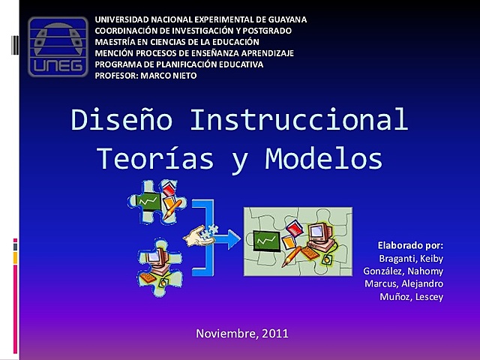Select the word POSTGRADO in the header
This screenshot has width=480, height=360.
pyautogui.click(x=265, y=30)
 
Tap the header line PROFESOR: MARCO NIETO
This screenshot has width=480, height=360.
pyautogui.click(x=145, y=75)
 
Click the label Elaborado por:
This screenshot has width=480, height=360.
pyautogui.click(x=410, y=244)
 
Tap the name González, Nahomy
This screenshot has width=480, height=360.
pyautogui.click(x=403, y=271)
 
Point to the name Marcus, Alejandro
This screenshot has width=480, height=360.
pyautogui.click(x=403, y=283)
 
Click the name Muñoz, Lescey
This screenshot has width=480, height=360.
pyautogui.click(x=412, y=297)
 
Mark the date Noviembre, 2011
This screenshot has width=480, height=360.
pyautogui.click(x=241, y=333)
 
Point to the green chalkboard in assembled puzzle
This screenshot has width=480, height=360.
pyautogui.click(x=267, y=240)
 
